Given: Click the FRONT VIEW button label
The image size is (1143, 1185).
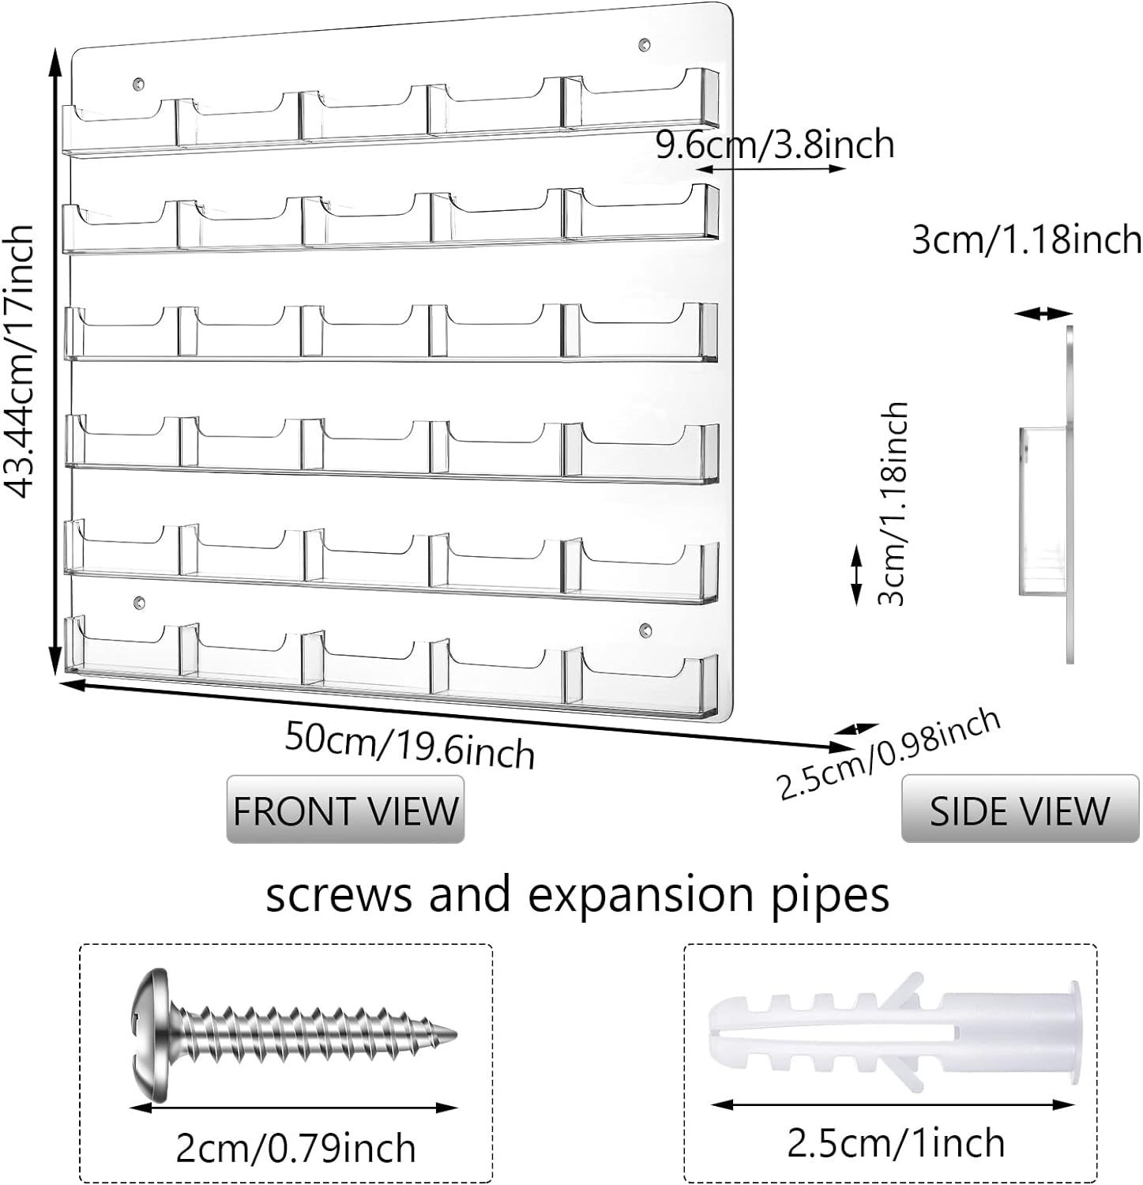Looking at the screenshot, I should coord(345,811).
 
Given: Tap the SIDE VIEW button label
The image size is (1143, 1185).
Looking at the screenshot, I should coord(1019,811).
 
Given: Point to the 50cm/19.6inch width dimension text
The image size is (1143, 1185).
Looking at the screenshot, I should coord(409,744).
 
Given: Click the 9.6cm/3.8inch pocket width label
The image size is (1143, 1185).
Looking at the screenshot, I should coord(775,145).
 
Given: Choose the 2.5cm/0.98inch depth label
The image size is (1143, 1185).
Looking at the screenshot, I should coord(889,751).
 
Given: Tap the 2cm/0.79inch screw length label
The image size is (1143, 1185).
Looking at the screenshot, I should coord(295,1147).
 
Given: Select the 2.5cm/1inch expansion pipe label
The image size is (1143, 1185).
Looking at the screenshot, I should coord(895,1142).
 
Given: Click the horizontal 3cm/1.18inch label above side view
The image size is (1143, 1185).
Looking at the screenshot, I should coord(1026,239).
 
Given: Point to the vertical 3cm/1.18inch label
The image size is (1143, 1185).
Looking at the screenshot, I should coord(893,504).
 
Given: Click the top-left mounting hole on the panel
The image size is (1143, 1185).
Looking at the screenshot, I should coord(140,83).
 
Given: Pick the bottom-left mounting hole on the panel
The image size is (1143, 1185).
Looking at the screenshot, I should coord(140,603).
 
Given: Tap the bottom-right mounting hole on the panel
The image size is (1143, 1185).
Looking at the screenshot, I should coord(645,630).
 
